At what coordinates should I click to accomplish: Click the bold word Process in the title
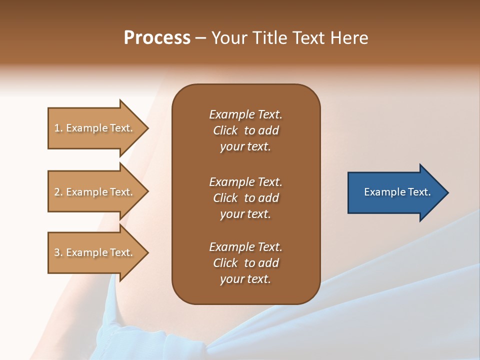(157, 38)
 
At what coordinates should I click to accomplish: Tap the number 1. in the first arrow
(58, 128)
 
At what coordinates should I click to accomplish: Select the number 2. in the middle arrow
(58, 192)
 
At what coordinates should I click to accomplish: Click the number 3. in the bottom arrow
(58, 252)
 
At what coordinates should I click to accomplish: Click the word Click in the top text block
(225, 130)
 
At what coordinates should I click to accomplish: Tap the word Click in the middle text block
(225, 198)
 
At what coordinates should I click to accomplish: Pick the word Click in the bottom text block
(225, 263)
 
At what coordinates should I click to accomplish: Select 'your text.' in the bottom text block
(245, 279)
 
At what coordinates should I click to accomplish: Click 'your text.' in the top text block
(245, 146)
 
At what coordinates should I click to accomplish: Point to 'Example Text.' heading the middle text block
(245, 181)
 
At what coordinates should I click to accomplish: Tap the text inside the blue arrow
(397, 192)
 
